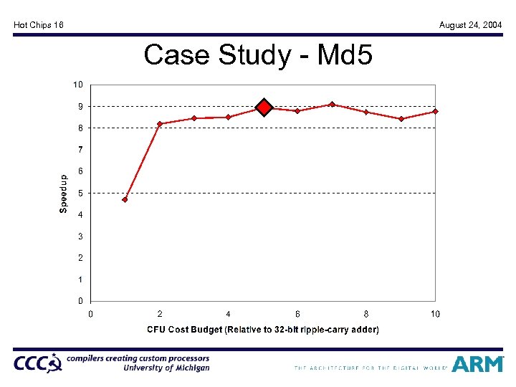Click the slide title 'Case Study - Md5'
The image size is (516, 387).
258,54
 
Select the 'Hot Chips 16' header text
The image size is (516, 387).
39,25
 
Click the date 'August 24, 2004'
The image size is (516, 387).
470,25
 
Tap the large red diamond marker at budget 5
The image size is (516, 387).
264,107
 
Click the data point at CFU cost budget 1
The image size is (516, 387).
125,199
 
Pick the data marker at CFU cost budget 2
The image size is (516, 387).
160,124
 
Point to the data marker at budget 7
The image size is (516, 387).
332,105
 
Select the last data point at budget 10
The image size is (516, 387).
435,111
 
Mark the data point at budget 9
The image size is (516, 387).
401,119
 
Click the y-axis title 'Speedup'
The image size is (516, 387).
63,193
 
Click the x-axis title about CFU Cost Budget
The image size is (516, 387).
262,330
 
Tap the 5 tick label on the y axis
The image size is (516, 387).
80,193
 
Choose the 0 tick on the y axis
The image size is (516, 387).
80,301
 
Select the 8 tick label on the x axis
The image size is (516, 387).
366,314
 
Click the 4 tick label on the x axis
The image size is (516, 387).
228,314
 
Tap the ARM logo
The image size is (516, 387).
477,364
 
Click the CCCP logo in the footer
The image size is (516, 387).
37,364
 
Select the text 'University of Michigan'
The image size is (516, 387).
166,368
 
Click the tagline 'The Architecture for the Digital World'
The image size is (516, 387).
370,368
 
